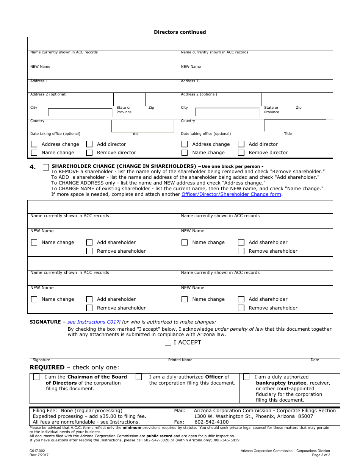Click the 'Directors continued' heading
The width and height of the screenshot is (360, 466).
tap(180, 32)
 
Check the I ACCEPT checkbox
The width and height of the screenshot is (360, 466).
tap(168, 343)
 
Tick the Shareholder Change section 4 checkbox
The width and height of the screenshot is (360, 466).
tap(46, 167)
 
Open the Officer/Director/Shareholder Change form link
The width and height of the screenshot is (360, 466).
tap(231, 194)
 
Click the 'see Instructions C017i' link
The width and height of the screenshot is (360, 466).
tap(94, 322)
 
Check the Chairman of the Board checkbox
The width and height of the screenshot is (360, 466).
tap(36, 377)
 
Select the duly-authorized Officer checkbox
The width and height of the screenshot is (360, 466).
tap(139, 377)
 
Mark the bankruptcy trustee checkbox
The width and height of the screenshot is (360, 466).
tap(246, 377)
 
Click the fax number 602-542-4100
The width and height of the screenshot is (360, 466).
tap(211, 422)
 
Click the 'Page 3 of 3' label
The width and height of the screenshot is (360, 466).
tap(321, 455)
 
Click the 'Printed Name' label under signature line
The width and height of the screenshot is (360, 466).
tap(180, 360)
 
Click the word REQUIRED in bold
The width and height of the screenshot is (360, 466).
tap(47, 367)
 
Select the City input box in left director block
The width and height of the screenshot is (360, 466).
tap(80, 113)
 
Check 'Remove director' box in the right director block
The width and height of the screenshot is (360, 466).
tap(241, 153)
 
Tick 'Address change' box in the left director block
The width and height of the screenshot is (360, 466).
tap(34, 144)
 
